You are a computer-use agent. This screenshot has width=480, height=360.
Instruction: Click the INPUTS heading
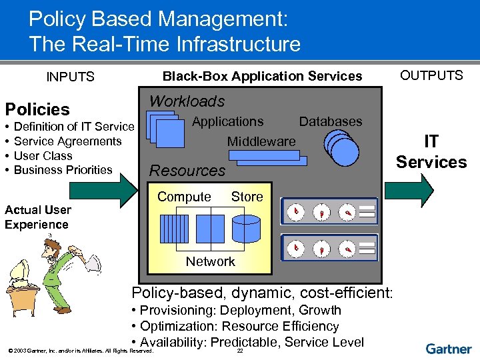[70, 77]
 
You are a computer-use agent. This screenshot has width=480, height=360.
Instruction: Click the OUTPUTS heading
[431, 75]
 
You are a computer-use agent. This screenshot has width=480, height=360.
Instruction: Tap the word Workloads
[187, 101]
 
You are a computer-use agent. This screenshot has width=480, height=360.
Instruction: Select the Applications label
[227, 121]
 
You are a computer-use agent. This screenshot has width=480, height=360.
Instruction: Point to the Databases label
[331, 121]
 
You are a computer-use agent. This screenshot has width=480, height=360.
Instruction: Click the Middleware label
[261, 141]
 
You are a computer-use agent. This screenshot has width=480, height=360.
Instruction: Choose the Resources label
[187, 171]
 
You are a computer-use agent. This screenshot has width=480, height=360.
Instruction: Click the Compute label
[184, 197]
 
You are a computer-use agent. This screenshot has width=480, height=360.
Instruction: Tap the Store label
[247, 197]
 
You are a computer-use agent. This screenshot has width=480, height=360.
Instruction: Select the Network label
[211, 261]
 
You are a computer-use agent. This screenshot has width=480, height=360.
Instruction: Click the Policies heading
[37, 109]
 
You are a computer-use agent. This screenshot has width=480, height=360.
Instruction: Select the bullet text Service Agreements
[67, 141]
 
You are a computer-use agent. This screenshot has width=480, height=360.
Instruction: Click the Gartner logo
[449, 349]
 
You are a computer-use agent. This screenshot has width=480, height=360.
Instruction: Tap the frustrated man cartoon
[50, 273]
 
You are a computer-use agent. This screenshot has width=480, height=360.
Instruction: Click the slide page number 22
[240, 351]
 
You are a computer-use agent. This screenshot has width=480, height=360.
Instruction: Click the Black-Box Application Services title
[263, 76]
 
